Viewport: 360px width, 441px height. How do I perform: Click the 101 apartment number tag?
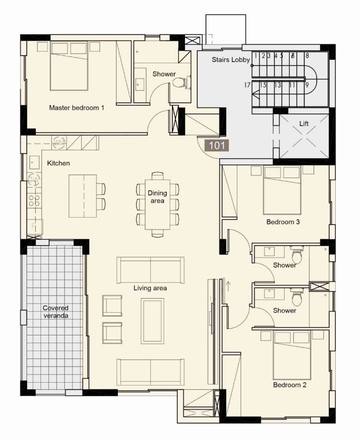click(217, 145)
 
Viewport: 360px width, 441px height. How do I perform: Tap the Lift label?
click(304, 123)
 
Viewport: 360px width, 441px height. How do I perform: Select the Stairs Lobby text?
click(230, 59)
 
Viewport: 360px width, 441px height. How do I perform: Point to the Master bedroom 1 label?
click(77, 108)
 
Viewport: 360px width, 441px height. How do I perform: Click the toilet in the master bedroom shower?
click(179, 83)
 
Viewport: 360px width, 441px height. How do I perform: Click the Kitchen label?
click(58, 163)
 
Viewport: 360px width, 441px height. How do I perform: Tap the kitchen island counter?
click(83, 196)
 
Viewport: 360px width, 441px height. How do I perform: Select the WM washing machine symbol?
click(59, 142)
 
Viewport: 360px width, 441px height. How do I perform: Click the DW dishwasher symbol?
click(34, 179)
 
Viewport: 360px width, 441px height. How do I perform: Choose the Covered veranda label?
click(56, 312)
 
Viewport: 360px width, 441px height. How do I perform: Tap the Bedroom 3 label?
click(283, 222)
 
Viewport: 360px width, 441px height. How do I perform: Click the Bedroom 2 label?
click(289, 385)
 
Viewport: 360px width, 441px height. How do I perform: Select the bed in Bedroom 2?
click(292, 355)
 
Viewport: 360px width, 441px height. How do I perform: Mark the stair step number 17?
click(247, 84)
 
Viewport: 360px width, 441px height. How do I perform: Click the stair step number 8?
click(307, 55)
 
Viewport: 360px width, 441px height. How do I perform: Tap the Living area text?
click(150, 288)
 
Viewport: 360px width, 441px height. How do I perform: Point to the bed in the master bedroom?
click(69, 66)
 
